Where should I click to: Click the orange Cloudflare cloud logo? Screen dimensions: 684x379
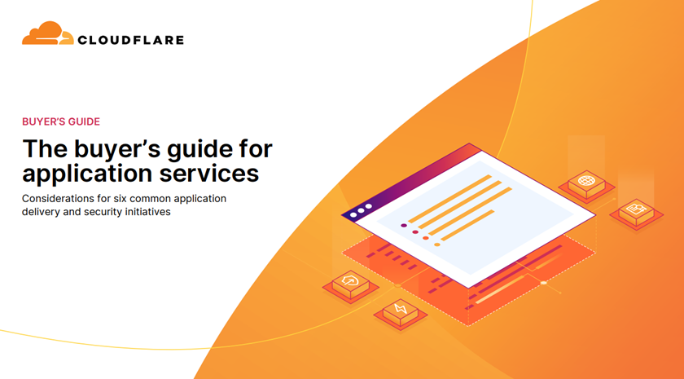pyautogui.click(x=47, y=33)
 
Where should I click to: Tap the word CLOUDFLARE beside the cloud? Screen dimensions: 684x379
pyautogui.click(x=130, y=40)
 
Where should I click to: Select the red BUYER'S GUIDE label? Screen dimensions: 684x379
pyautogui.click(x=61, y=121)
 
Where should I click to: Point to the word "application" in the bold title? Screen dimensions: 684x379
pyautogui.click(x=87, y=174)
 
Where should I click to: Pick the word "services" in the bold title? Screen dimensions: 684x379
pyautogui.click(x=209, y=173)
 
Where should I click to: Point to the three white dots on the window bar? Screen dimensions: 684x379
pyautogui.click(x=361, y=210)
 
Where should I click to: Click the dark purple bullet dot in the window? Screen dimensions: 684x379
pyautogui.click(x=404, y=225)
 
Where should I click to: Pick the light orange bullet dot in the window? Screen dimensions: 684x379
pyautogui.click(x=436, y=245)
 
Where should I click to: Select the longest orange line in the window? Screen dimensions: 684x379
pyautogui.click(x=471, y=211)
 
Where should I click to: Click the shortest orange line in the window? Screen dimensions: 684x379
pyautogui.click(x=467, y=225)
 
